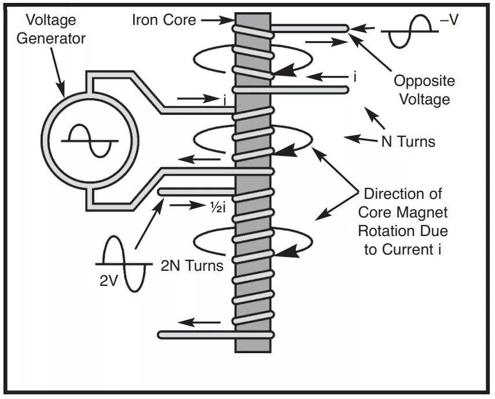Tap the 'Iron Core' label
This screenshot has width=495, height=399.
(164, 20)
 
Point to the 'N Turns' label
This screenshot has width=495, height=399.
(408, 140)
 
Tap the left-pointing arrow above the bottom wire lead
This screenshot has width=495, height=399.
(199, 322)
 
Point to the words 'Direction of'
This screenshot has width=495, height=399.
(402, 194)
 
